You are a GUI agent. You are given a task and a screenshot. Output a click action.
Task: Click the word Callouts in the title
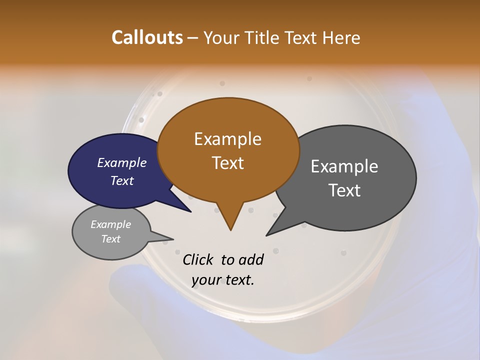click(x=147, y=37)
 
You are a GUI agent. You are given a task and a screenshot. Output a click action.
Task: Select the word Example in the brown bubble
click(x=227, y=138)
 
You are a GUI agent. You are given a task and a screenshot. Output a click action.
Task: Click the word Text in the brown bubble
click(x=227, y=162)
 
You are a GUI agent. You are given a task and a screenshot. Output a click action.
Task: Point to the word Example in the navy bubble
click(x=121, y=162)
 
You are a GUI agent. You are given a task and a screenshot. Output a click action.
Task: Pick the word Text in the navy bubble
click(x=121, y=180)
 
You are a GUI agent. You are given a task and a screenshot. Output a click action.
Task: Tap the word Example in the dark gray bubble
click(x=344, y=166)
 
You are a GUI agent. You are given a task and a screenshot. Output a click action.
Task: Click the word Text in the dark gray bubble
click(x=344, y=190)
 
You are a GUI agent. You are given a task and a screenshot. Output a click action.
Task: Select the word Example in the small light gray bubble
click(x=110, y=224)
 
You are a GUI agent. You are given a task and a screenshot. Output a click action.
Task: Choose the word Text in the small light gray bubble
click(x=110, y=239)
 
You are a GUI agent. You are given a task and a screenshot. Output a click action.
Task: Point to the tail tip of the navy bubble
click(x=190, y=211)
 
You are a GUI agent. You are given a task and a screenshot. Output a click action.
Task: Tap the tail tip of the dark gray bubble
click(x=267, y=234)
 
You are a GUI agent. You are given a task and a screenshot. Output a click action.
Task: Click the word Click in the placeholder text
click(x=198, y=259)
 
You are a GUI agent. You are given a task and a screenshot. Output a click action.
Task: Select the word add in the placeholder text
click(x=250, y=259)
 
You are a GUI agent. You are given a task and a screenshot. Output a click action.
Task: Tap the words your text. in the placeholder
click(x=223, y=279)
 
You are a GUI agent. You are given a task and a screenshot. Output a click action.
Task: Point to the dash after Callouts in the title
click(x=193, y=37)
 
